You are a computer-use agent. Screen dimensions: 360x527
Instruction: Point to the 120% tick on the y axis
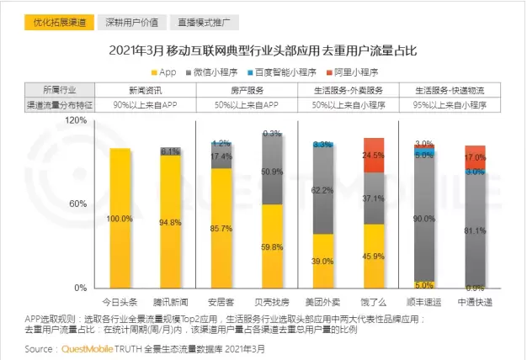coord(77,120)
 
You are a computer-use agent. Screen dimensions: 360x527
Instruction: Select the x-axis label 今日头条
coord(120,301)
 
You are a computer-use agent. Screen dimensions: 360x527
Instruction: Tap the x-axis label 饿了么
coord(374,301)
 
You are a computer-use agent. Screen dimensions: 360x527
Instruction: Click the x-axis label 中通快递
coord(475,301)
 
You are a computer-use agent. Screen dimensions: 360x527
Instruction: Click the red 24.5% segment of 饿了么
coord(374,155)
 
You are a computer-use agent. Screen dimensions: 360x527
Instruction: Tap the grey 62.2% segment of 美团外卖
coord(322,190)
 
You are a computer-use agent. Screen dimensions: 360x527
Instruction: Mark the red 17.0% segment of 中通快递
coord(475,156)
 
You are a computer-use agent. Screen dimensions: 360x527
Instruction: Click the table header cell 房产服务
coord(246,89)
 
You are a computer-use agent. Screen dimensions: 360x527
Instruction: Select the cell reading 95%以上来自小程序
coord(450,104)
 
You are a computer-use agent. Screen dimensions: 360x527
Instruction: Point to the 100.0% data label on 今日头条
coord(120,219)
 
